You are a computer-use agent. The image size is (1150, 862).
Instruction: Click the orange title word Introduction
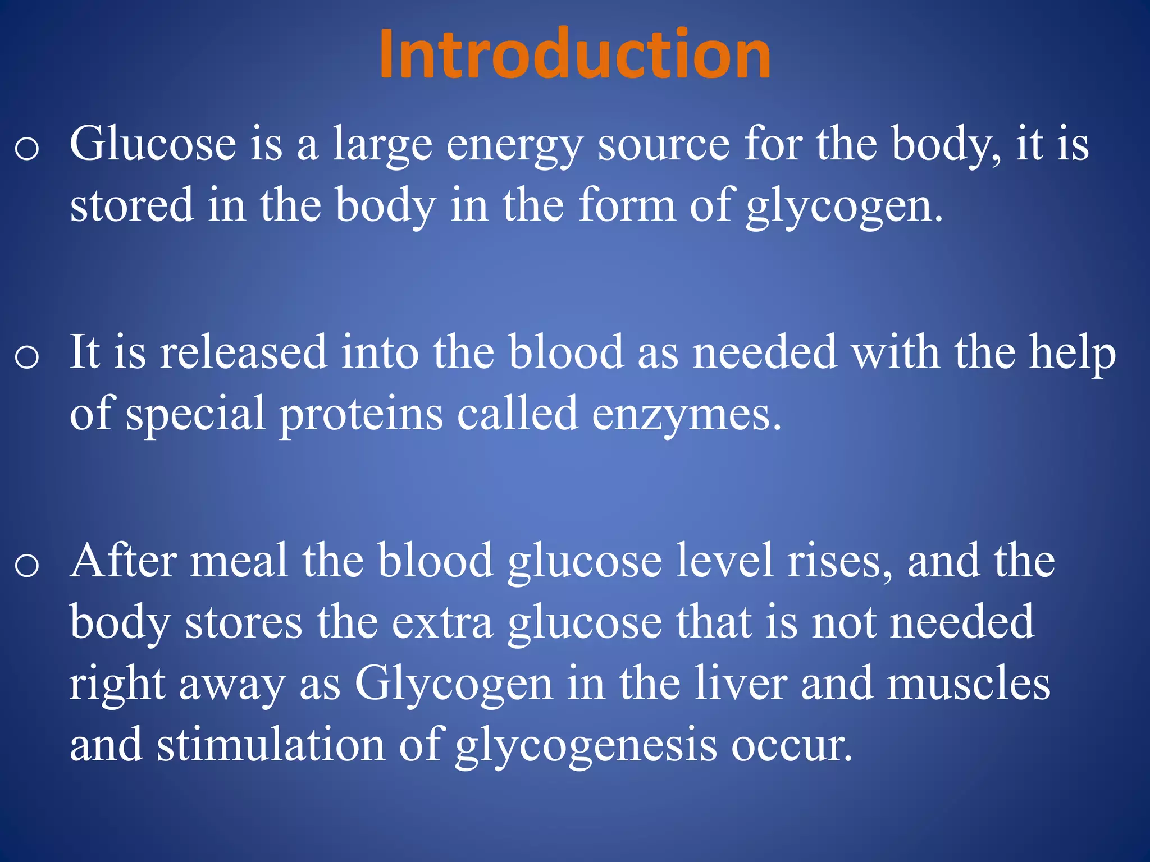click(x=575, y=54)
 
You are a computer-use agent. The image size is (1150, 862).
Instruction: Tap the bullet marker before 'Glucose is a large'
click(x=27, y=149)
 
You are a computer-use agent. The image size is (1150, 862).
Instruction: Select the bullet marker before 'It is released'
click(x=27, y=357)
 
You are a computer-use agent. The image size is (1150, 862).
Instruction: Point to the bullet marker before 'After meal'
click(x=27, y=565)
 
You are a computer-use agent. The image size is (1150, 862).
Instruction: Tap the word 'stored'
click(x=131, y=205)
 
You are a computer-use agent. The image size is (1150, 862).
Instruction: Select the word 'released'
click(x=243, y=352)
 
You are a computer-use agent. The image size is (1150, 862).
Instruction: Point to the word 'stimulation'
click(x=271, y=745)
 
